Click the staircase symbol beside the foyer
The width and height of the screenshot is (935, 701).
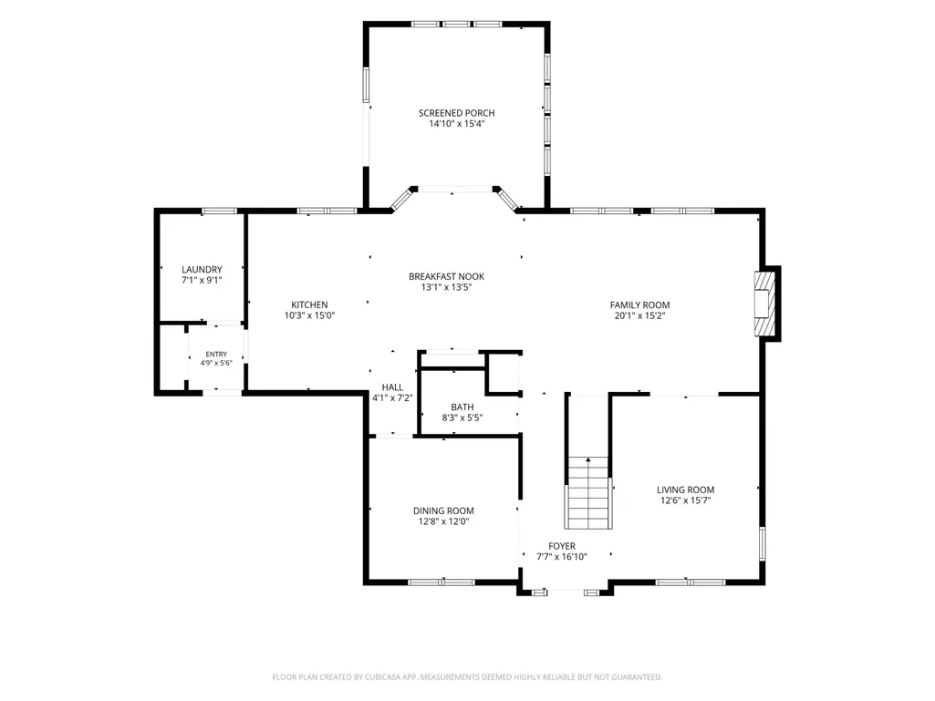coord(588,493)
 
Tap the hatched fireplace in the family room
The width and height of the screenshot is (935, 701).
coord(764,304)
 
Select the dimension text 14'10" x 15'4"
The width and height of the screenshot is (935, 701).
coord(456,124)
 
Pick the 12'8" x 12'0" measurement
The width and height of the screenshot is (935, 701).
coord(443,521)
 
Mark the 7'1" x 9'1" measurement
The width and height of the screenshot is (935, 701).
coord(202,280)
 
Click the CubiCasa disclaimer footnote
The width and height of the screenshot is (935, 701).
coord(467,677)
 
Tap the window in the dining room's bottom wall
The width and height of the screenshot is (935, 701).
coord(442,582)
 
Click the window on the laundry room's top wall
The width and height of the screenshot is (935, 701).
coord(220,211)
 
